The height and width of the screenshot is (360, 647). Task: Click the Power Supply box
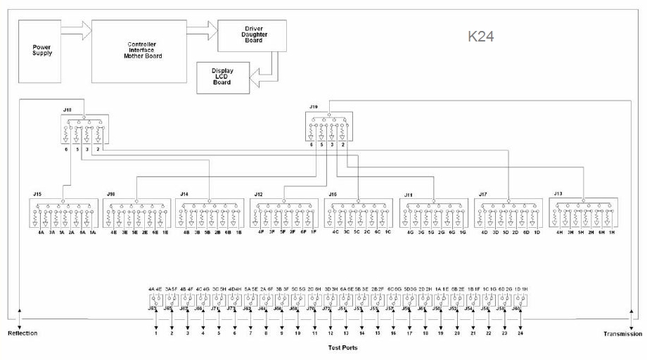42,51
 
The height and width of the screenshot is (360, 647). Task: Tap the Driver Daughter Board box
252,36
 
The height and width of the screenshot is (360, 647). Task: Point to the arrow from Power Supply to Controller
77,30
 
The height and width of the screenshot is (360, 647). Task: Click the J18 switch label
68,110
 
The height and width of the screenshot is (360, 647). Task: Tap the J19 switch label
314,107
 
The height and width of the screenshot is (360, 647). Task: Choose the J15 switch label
37,193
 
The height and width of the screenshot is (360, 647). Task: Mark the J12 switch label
258,193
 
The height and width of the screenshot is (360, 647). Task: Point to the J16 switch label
333,193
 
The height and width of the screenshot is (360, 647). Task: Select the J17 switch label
483,193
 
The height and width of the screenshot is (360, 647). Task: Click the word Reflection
22,333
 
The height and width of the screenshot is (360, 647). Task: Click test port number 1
156,333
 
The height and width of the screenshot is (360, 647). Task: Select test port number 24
520,333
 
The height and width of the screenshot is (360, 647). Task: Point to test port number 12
331,333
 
